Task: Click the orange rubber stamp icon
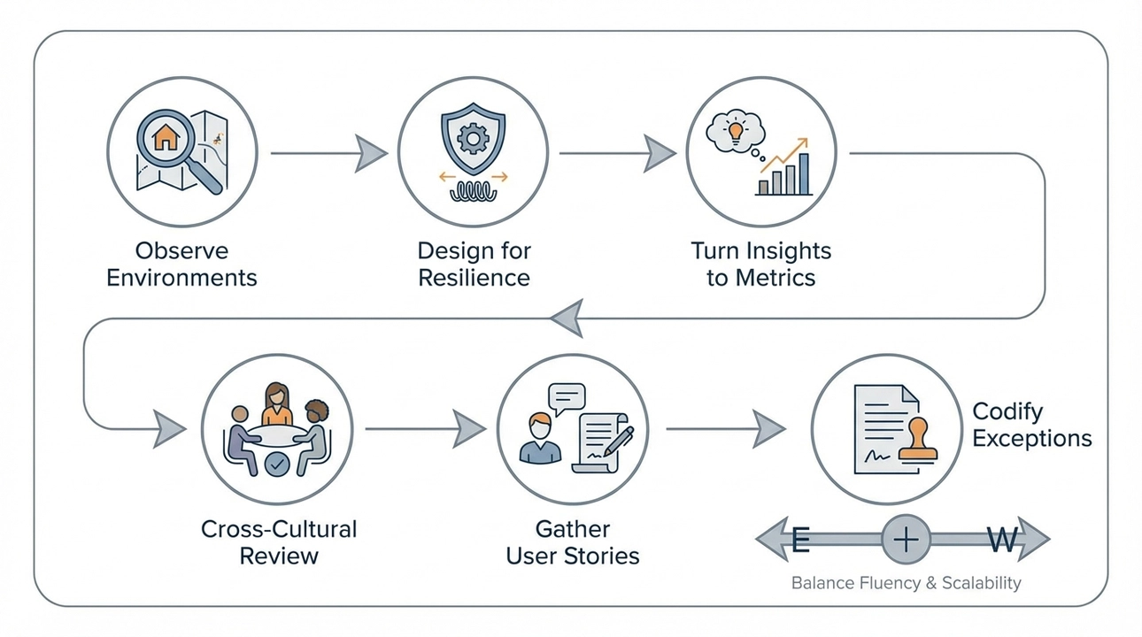(917, 441)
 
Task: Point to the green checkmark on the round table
(278, 463)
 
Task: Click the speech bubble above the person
(567, 397)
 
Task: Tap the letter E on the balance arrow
(799, 539)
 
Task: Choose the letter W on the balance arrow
(1002, 539)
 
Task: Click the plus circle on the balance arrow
(907, 539)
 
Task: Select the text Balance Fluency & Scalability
(906, 583)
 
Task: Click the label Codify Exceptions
(1031, 425)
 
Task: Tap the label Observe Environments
(181, 264)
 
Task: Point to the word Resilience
(474, 277)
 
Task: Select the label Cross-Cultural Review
(279, 542)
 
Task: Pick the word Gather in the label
(573, 529)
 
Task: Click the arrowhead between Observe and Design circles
(371, 153)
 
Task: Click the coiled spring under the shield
(475, 192)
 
